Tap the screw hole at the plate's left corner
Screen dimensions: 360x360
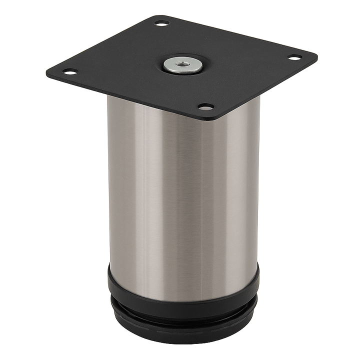70,71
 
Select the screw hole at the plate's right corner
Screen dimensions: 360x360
295,58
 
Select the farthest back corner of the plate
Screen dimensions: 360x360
155,16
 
